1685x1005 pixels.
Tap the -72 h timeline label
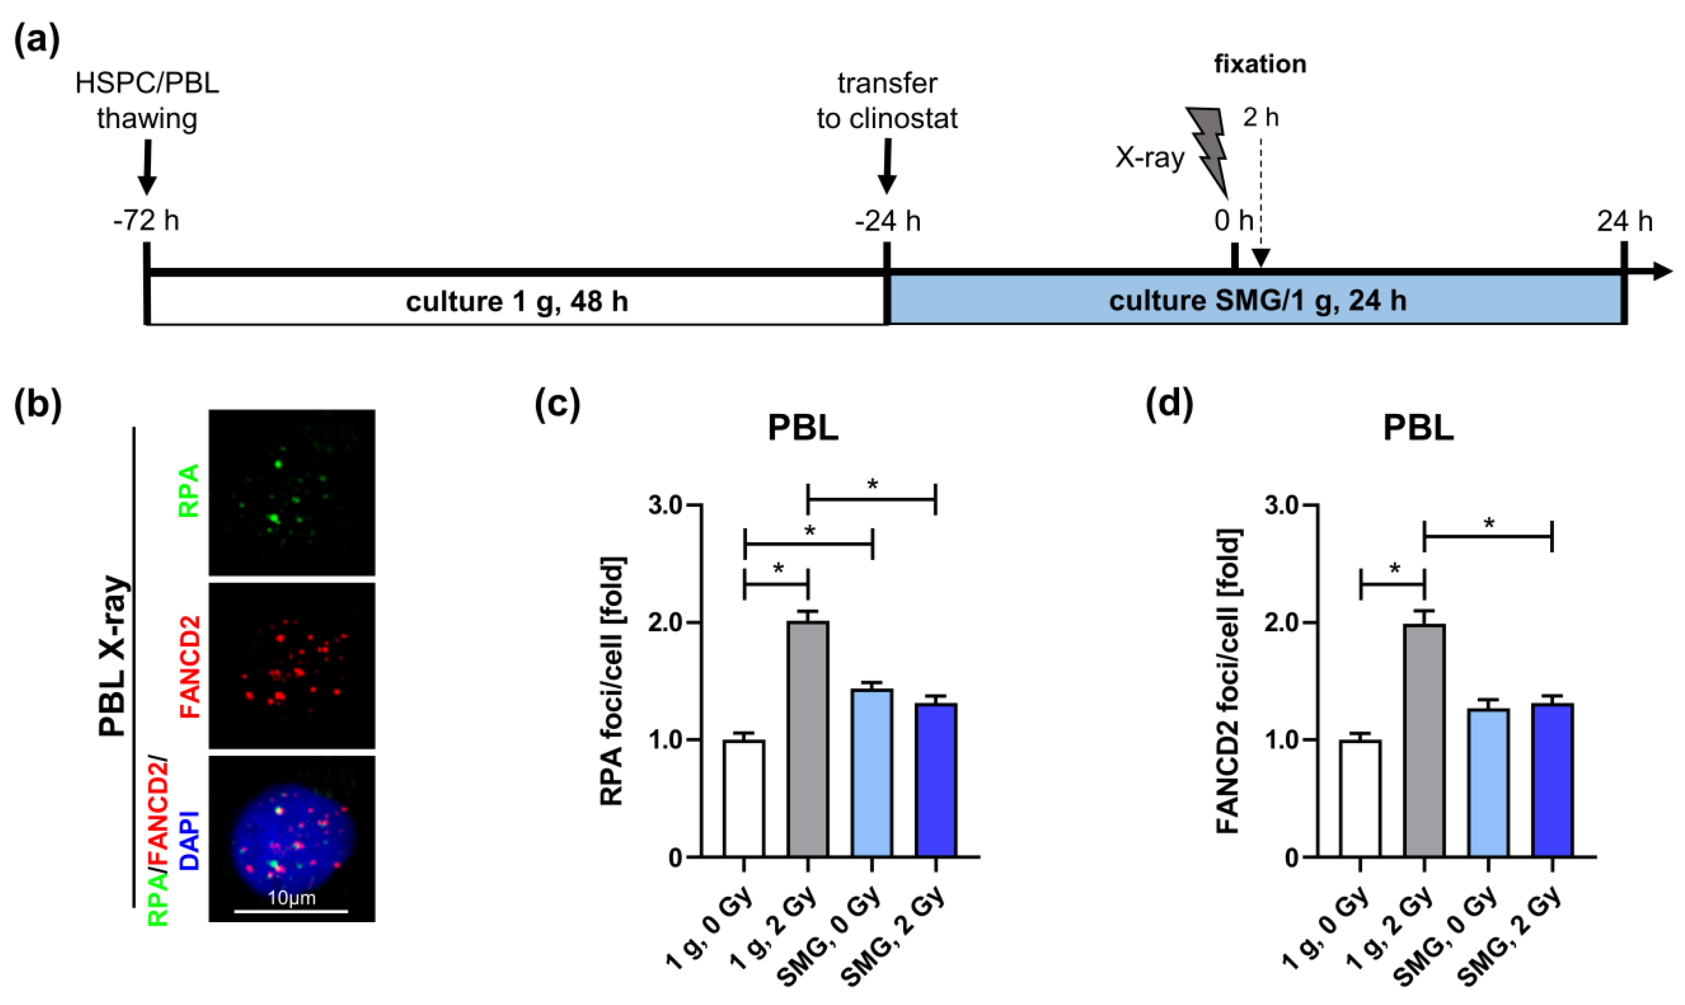[x=146, y=221]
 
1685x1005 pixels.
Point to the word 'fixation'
[x=1260, y=64]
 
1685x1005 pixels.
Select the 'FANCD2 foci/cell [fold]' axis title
[x=1229, y=681]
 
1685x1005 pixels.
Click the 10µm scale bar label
[x=291, y=898]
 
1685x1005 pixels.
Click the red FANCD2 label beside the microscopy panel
[x=190, y=667]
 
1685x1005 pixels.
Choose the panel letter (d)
[x=1168, y=404]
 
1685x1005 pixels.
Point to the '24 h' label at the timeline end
[x=1624, y=221]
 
